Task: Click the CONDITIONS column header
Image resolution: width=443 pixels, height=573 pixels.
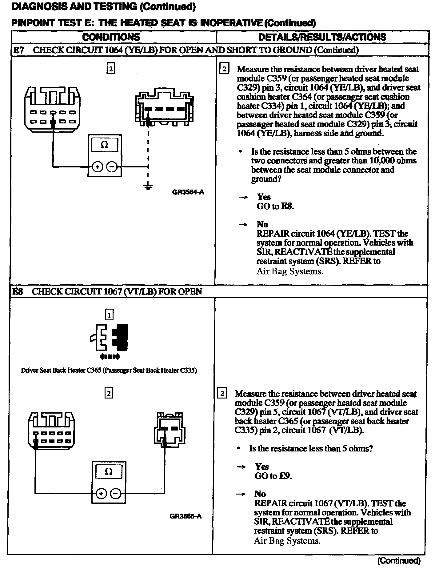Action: [x=111, y=37]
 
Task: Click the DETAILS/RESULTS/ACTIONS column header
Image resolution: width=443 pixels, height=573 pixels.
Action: [x=322, y=37]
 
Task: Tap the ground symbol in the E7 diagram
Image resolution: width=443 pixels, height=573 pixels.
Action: [x=148, y=186]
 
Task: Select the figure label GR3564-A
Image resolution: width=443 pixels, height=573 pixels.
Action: [x=188, y=192]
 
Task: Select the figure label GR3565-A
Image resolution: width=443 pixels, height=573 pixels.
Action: [x=186, y=516]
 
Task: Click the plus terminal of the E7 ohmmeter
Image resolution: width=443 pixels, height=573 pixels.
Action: [x=98, y=167]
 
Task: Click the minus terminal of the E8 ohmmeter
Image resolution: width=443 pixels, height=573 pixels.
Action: [x=116, y=494]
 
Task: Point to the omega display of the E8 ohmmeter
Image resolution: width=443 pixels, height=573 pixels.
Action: [x=109, y=471]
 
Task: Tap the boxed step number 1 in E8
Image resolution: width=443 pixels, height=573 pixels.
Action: [x=109, y=315]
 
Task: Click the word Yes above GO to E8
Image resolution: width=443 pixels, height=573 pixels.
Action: [x=264, y=197]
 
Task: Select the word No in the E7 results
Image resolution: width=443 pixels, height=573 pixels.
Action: [x=262, y=224]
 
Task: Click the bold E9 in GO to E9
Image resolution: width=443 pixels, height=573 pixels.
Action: [x=285, y=476]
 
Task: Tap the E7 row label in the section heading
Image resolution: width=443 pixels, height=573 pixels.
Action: [x=18, y=50]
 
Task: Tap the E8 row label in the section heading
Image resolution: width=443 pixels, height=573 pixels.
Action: [x=18, y=291]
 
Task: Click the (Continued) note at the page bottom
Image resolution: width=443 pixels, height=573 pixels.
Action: [x=399, y=560]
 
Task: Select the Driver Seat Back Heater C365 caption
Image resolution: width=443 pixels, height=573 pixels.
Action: [x=109, y=370]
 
